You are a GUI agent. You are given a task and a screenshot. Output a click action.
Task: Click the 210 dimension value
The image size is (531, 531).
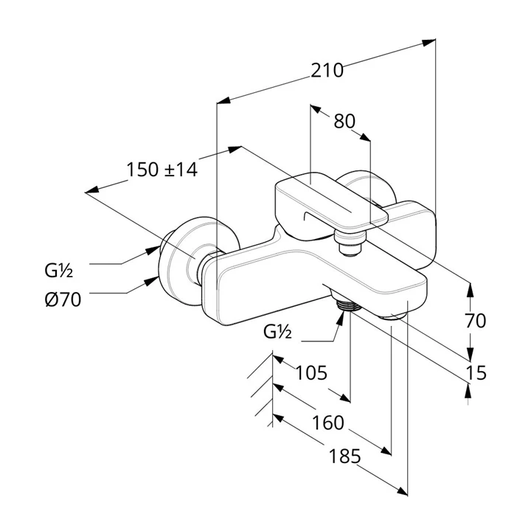point(327,71)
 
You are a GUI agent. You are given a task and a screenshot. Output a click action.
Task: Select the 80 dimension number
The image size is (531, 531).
point(344,121)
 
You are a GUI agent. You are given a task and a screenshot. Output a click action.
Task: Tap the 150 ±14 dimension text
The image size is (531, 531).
point(162,170)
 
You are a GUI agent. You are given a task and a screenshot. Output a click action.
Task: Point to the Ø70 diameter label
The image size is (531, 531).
point(63,299)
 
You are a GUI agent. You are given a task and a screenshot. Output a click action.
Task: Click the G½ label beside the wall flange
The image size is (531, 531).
point(58,271)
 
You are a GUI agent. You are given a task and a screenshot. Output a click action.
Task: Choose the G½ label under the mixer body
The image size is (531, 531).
point(277,332)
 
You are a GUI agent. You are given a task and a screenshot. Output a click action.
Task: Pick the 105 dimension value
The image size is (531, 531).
point(311,372)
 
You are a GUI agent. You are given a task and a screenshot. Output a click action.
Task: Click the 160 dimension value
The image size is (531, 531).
point(327,423)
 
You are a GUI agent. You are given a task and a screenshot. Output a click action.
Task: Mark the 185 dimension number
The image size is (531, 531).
point(344,456)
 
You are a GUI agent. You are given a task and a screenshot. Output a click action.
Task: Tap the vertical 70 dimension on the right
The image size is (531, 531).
point(476,321)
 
